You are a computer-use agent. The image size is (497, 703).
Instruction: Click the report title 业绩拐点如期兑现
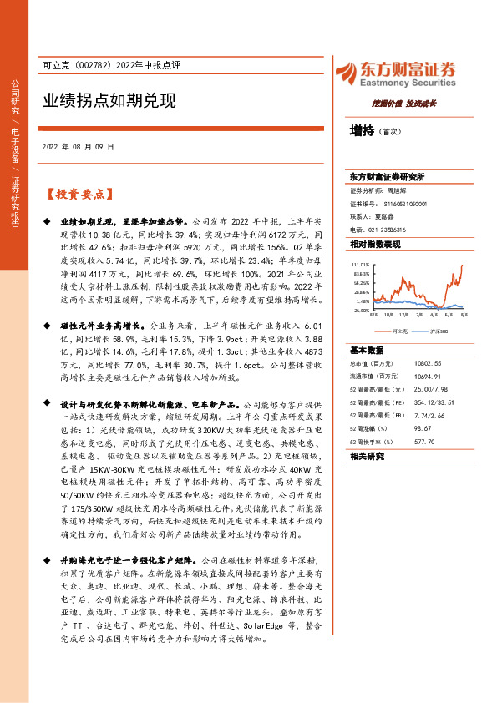click(109, 101)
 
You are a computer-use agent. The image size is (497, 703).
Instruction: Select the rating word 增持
click(363, 130)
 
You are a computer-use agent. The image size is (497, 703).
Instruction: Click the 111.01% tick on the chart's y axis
click(360, 263)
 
